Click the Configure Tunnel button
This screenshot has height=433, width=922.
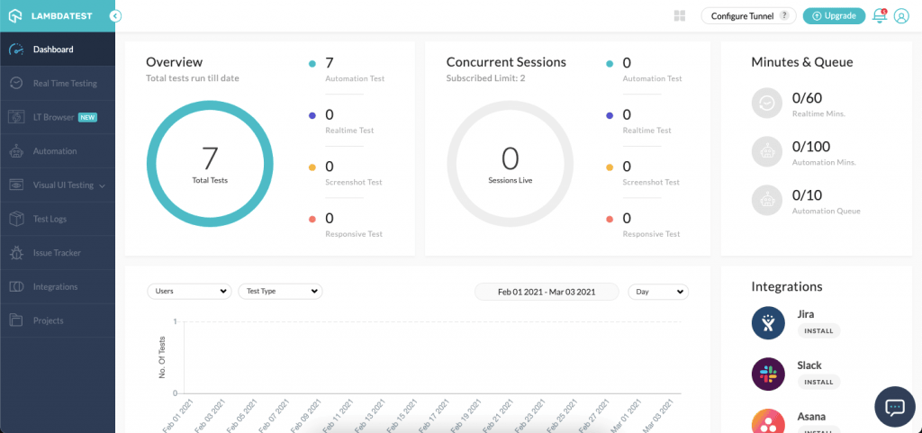coord(749,15)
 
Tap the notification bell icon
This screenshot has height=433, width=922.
coord(880,15)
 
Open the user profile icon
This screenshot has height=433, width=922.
coord(900,15)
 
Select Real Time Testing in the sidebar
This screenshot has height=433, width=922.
coord(65,84)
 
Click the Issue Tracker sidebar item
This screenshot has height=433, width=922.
coord(57,253)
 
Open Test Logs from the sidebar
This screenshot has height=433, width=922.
coord(50,219)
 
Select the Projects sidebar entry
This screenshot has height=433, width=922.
coord(49,320)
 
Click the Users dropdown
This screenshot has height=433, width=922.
coord(189,292)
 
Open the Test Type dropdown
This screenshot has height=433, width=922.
coord(280,292)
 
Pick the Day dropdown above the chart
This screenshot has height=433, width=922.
coord(658,292)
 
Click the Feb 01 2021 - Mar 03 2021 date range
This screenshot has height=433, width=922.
coord(547,292)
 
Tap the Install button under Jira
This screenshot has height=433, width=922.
coord(818,330)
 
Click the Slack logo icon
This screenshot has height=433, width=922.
coord(768,373)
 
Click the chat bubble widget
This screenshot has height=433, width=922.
coord(894,407)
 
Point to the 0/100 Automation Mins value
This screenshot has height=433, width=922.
coord(810,147)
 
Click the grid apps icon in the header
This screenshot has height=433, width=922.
coord(679,15)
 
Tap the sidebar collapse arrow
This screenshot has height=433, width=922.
coord(116,15)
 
